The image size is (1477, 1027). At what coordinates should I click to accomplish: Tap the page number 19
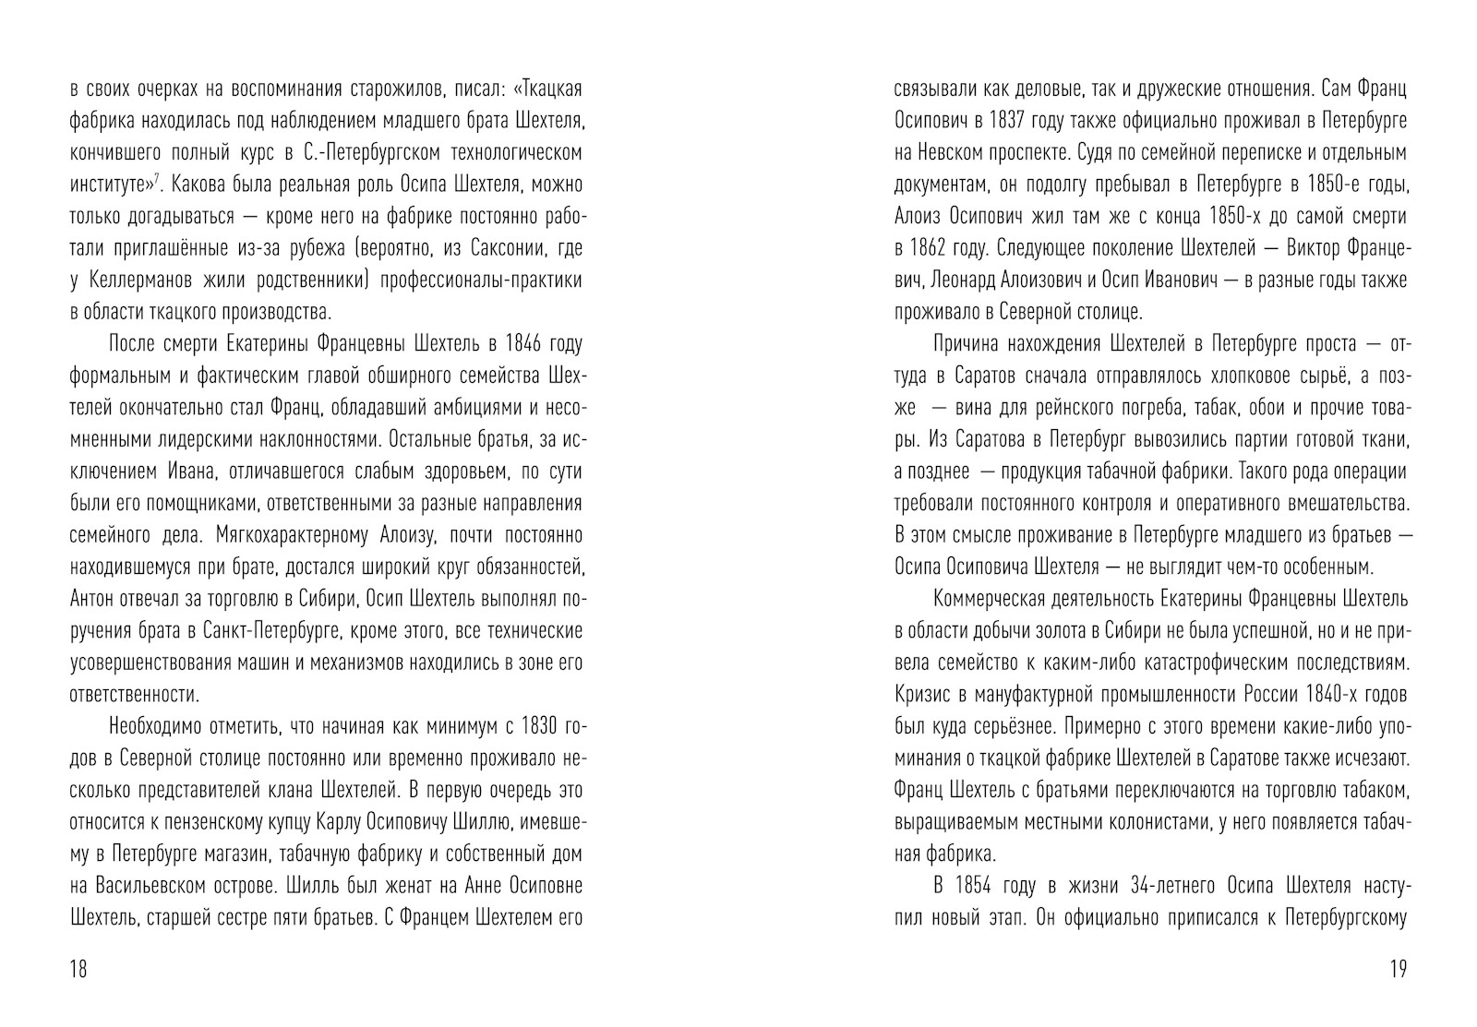[x=1397, y=969]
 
